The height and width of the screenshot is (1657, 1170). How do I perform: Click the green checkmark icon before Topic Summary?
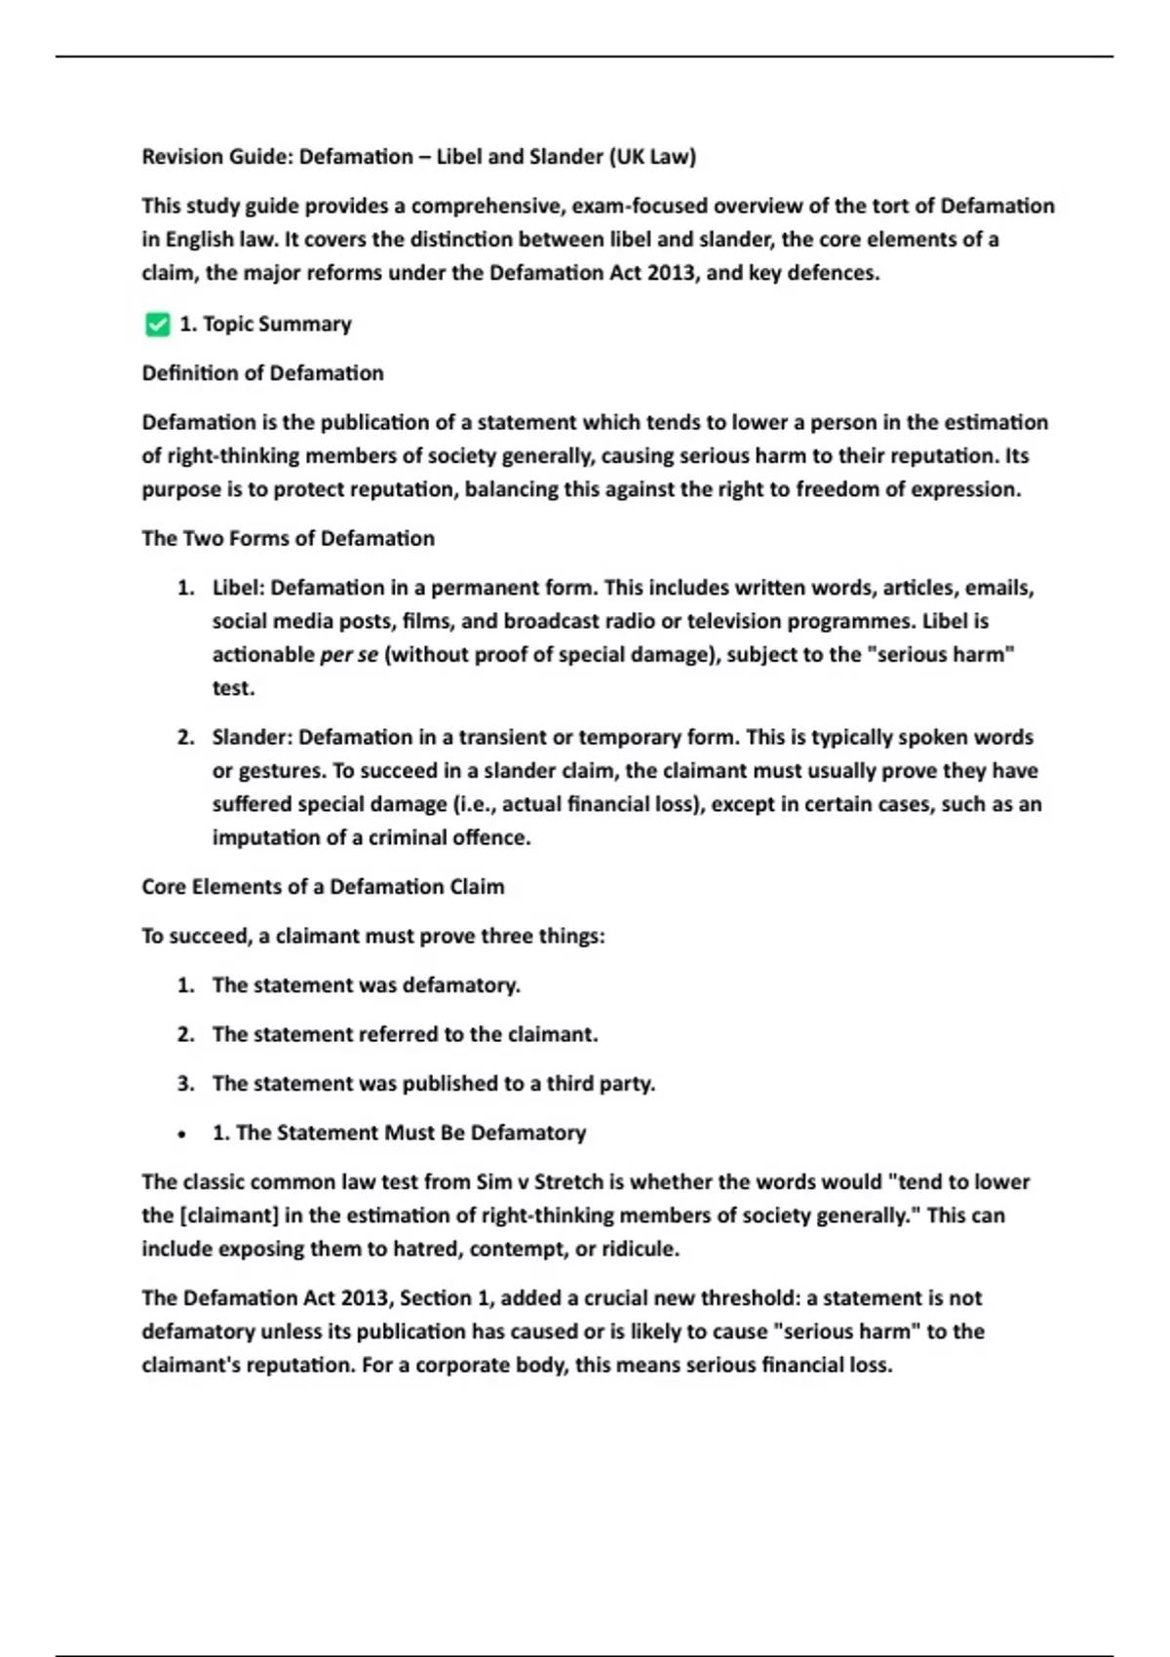click(x=157, y=325)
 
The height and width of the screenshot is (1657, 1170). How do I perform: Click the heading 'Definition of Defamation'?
click(x=262, y=373)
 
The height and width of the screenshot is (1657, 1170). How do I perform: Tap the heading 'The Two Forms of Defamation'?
click(x=288, y=539)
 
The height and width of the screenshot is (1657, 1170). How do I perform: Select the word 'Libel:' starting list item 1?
click(x=238, y=588)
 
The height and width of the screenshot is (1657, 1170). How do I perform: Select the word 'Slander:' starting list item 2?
click(x=252, y=737)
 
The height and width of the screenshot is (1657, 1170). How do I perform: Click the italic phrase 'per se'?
click(x=348, y=655)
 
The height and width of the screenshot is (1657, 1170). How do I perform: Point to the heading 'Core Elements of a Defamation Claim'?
click(x=323, y=887)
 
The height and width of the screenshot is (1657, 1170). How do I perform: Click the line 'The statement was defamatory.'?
click(x=366, y=985)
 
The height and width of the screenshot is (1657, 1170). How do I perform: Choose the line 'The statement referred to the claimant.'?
click(x=405, y=1034)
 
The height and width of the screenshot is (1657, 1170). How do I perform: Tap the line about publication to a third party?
click(x=433, y=1084)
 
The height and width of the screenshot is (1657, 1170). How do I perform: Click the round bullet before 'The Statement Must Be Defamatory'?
click(x=182, y=1135)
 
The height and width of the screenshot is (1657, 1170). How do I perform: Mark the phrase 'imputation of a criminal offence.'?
click(x=371, y=838)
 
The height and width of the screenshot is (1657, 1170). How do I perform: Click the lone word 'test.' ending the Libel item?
click(x=233, y=688)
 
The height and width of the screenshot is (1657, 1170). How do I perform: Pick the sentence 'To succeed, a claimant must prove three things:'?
click(x=372, y=937)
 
